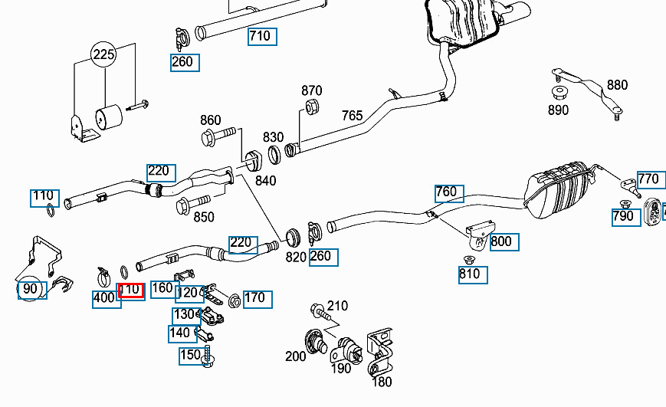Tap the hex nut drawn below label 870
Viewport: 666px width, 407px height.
click(x=312, y=107)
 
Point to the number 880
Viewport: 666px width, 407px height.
click(x=617, y=86)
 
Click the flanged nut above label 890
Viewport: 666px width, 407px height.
click(x=559, y=93)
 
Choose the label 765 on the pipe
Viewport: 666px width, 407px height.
click(x=352, y=116)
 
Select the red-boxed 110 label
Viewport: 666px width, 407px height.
click(x=131, y=290)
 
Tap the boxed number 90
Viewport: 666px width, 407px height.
click(x=31, y=289)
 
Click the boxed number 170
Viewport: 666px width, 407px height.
click(x=258, y=297)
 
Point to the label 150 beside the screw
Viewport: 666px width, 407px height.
click(x=190, y=356)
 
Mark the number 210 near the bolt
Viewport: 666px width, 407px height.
click(x=337, y=306)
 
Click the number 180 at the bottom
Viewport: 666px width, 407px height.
click(x=381, y=382)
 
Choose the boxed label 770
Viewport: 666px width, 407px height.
click(x=648, y=180)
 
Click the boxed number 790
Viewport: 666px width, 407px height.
click(x=623, y=216)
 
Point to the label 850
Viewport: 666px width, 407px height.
click(x=204, y=217)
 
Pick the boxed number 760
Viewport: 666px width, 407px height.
click(x=446, y=192)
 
